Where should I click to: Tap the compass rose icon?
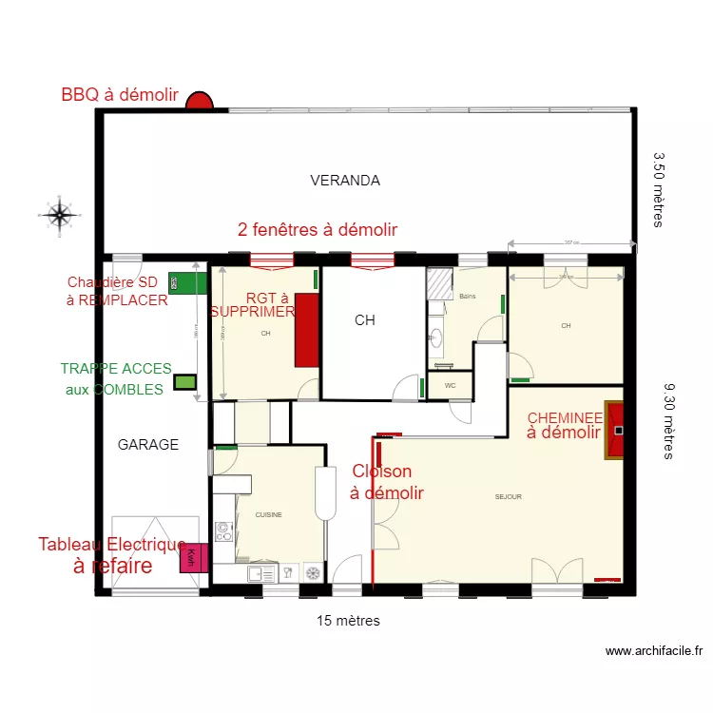coord(59,215)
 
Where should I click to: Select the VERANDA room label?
coord(345,180)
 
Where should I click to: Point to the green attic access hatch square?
coord(185,382)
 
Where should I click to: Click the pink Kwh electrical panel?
coord(193,558)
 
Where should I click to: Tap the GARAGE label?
coord(147,444)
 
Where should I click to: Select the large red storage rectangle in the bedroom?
coord(306,330)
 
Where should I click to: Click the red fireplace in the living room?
coord(616,431)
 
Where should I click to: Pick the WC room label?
coord(450,386)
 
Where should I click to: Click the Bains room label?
coord(467,297)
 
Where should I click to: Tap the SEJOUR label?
coord(508,496)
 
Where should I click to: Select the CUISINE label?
coord(268,514)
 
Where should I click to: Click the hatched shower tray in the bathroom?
coord(439,283)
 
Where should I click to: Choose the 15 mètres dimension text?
coord(348,621)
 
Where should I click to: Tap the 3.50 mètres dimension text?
coord(658,189)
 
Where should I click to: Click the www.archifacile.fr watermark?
coord(653,651)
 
